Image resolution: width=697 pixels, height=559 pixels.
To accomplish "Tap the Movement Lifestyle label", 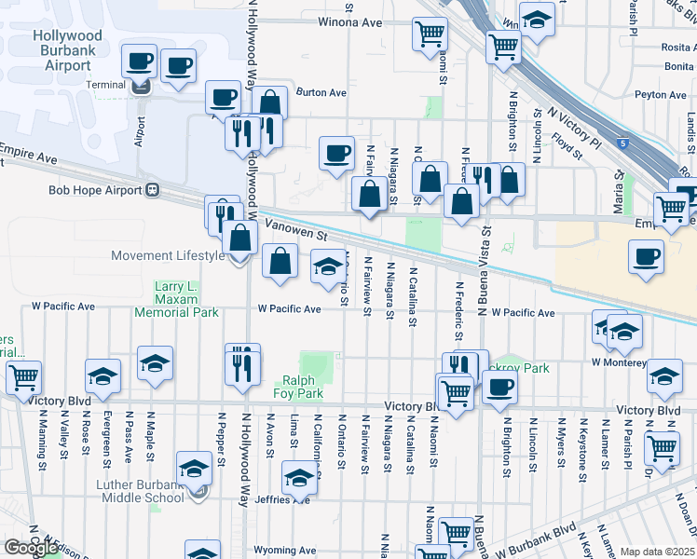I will click(x=168, y=255).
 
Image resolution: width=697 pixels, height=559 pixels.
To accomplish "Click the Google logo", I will click(x=30, y=548).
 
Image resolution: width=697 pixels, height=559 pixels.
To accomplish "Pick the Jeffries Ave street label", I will click(x=289, y=499).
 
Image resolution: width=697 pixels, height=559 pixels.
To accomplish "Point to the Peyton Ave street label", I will click(x=661, y=94).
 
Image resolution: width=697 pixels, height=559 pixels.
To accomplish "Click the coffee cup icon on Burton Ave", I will click(x=224, y=97).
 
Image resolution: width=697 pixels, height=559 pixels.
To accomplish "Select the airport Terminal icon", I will click(x=141, y=88).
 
